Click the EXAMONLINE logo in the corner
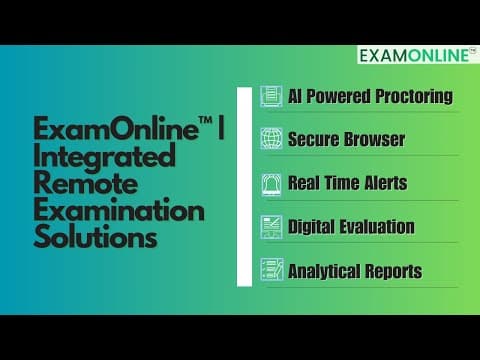[x=418, y=55]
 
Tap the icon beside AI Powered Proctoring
[x=271, y=96]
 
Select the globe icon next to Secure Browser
[x=271, y=138]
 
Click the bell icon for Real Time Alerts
[x=271, y=184]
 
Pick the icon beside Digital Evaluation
[x=271, y=227]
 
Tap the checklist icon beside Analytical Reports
[x=272, y=269]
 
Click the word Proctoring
[x=414, y=97]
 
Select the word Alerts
[x=386, y=183]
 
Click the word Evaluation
[x=377, y=227]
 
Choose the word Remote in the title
[x=86, y=183]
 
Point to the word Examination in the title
[x=119, y=210]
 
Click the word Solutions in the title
[x=95, y=236]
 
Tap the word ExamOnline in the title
[x=116, y=128]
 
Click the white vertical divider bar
[x=244, y=187]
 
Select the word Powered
[x=338, y=96]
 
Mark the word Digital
[x=311, y=227]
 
